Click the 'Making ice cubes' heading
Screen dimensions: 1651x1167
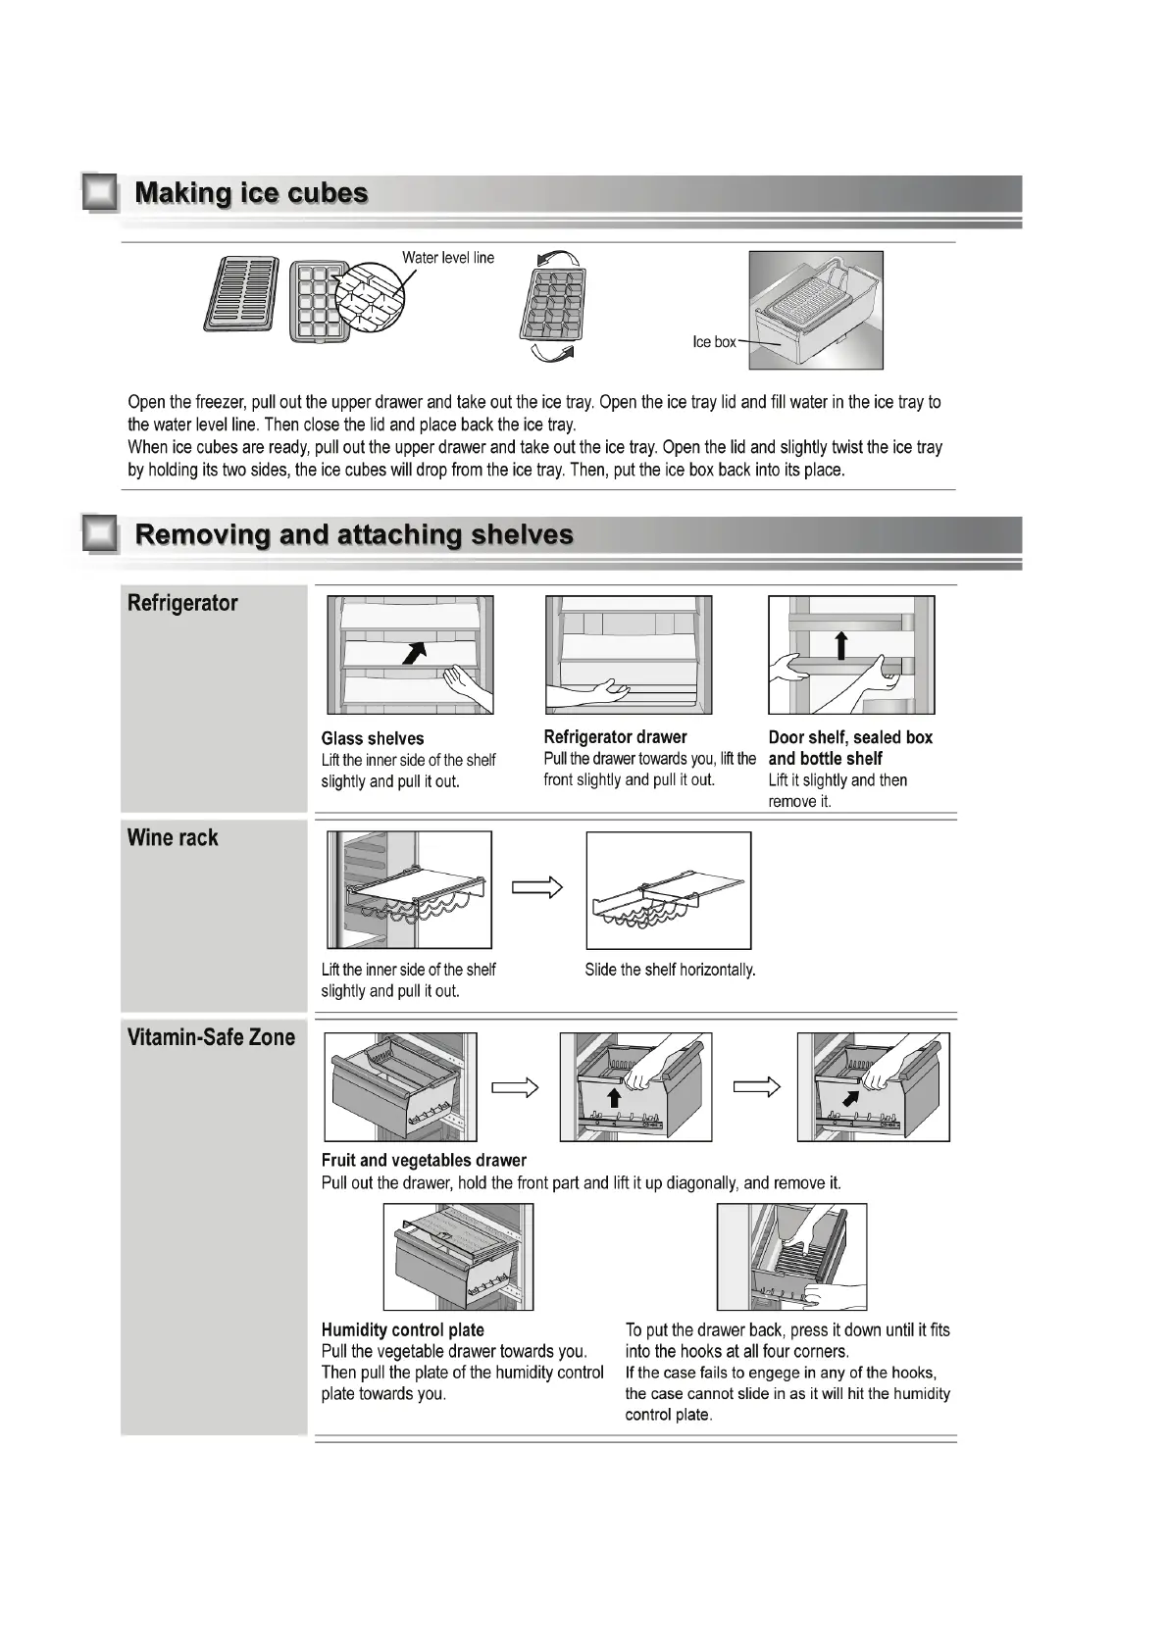(x=251, y=193)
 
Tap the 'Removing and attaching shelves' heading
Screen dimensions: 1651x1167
(x=353, y=534)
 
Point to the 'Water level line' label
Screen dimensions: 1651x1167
(x=448, y=258)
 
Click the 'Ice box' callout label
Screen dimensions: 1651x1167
(x=713, y=342)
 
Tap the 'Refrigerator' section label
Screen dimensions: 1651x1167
(x=182, y=603)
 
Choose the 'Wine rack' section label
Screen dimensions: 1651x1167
(x=173, y=837)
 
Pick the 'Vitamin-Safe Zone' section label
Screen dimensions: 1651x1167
(x=211, y=1037)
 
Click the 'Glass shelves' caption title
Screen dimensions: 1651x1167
(x=373, y=738)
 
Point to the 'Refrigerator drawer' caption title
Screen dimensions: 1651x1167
(x=615, y=736)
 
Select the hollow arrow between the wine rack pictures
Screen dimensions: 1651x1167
(x=537, y=887)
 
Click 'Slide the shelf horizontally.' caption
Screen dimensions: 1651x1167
(x=670, y=970)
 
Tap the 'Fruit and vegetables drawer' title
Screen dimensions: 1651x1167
(x=424, y=1160)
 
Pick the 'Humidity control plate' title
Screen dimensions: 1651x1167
(x=402, y=1329)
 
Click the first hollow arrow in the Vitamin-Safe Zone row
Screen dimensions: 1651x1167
(x=515, y=1087)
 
